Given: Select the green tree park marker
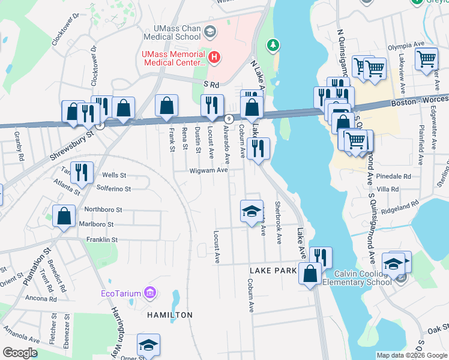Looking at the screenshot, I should (x=273, y=45).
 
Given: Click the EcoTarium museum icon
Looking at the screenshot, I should (x=150, y=293).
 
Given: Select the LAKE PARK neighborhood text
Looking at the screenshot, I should (x=273, y=271).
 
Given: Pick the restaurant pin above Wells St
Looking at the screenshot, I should (x=82, y=172).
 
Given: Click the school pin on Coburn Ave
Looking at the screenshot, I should (x=252, y=211).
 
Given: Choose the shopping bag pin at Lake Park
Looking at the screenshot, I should (x=310, y=274).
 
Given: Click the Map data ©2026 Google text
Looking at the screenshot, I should (x=412, y=355).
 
